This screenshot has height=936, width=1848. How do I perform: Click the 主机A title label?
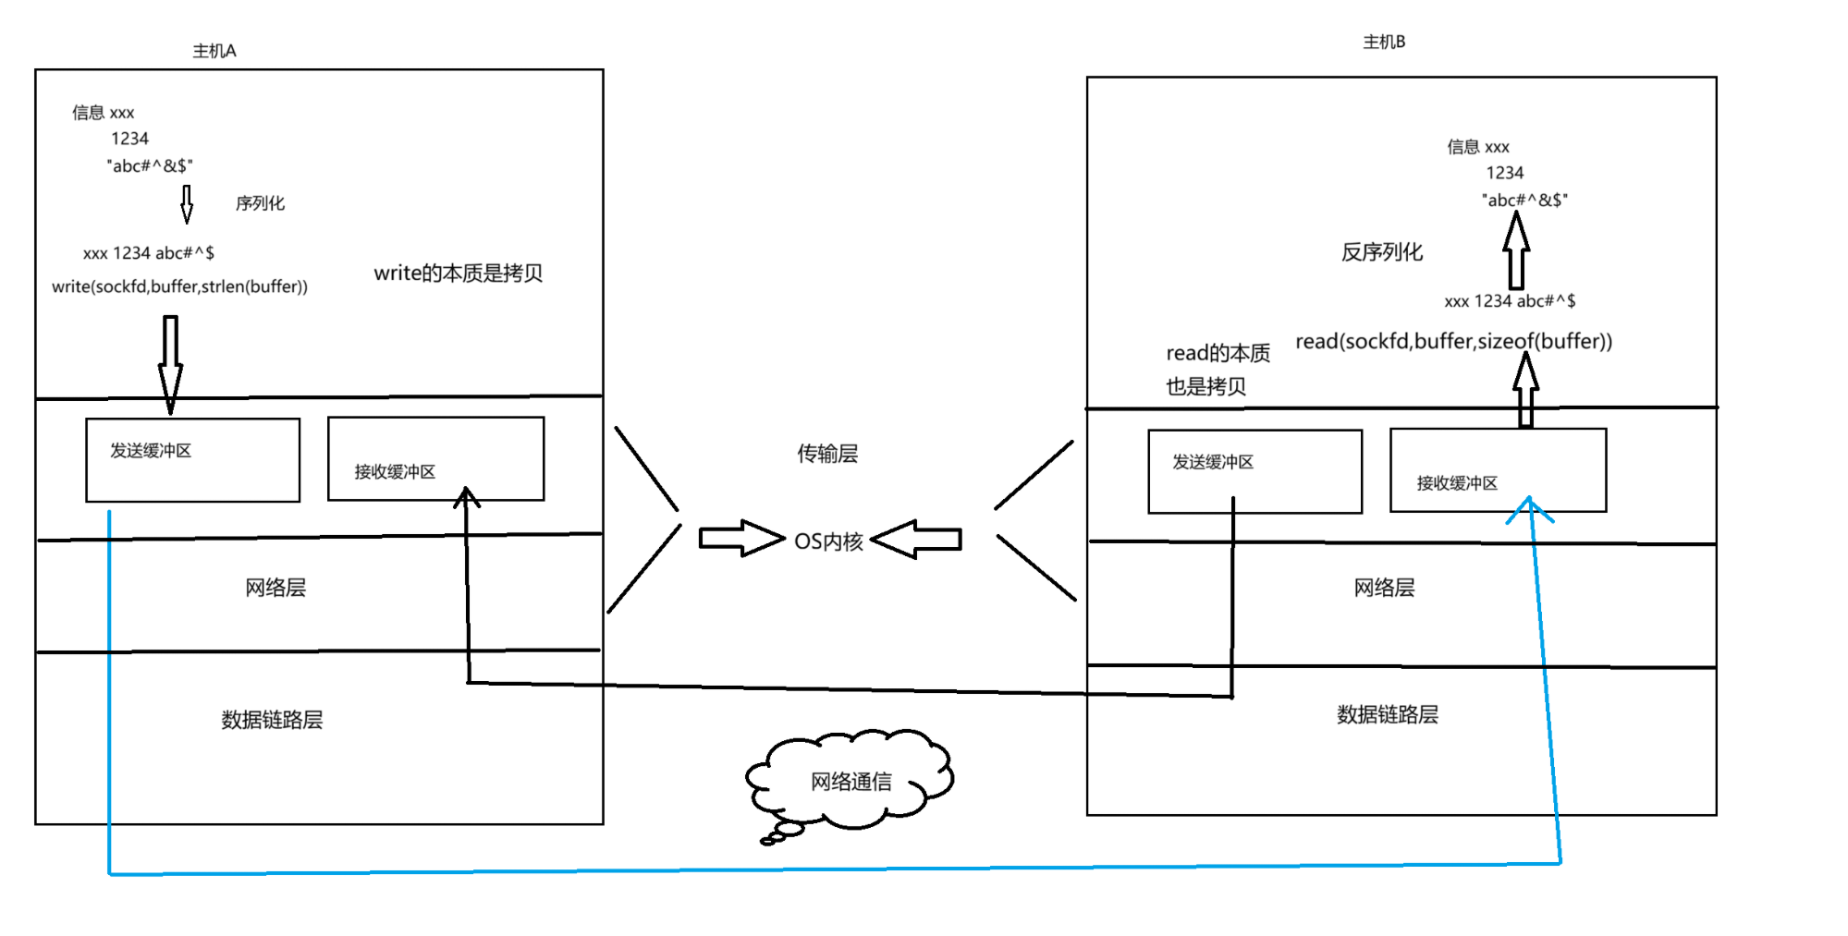tap(214, 51)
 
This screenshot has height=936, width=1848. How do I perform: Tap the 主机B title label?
tap(1383, 42)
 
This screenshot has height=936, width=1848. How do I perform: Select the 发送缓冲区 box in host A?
tap(192, 459)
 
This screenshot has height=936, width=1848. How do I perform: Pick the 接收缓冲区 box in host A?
tap(435, 458)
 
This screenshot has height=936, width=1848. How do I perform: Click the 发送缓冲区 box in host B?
tap(1254, 470)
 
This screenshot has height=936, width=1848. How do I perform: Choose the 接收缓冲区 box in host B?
tap(1498, 469)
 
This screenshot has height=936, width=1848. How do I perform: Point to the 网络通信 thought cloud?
tap(851, 781)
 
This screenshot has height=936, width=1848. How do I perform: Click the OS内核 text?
tap(828, 541)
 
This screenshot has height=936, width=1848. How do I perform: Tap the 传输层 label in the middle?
tap(827, 454)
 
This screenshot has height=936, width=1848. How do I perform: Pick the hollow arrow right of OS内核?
tap(916, 539)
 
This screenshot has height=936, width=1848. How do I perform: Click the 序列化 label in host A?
tap(260, 203)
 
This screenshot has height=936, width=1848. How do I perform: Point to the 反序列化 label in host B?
tap(1381, 252)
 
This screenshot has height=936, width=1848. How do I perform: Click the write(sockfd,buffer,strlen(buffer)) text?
tap(179, 286)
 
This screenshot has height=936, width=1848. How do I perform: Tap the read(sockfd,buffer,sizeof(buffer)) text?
tap(1453, 341)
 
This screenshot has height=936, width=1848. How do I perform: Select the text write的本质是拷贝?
tap(458, 273)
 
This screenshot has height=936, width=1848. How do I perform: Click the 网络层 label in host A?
tap(275, 588)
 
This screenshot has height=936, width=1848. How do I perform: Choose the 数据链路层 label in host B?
tap(1387, 714)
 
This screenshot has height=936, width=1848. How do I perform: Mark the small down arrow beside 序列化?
tap(187, 204)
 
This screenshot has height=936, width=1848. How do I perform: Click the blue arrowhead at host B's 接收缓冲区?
tap(1530, 507)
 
